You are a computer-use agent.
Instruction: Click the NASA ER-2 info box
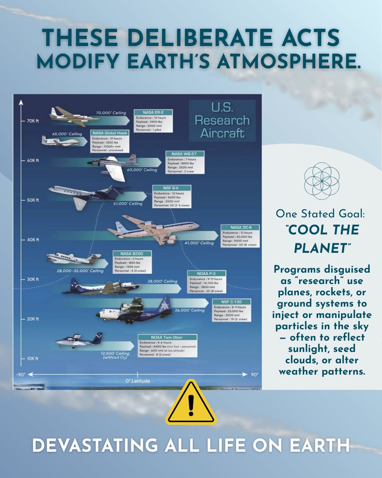[153, 120]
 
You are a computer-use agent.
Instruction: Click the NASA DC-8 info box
[240, 236]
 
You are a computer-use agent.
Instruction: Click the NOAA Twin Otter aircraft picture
[78, 341]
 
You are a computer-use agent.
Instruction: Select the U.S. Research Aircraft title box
[222, 120]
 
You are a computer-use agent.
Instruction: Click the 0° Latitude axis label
[138, 381]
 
